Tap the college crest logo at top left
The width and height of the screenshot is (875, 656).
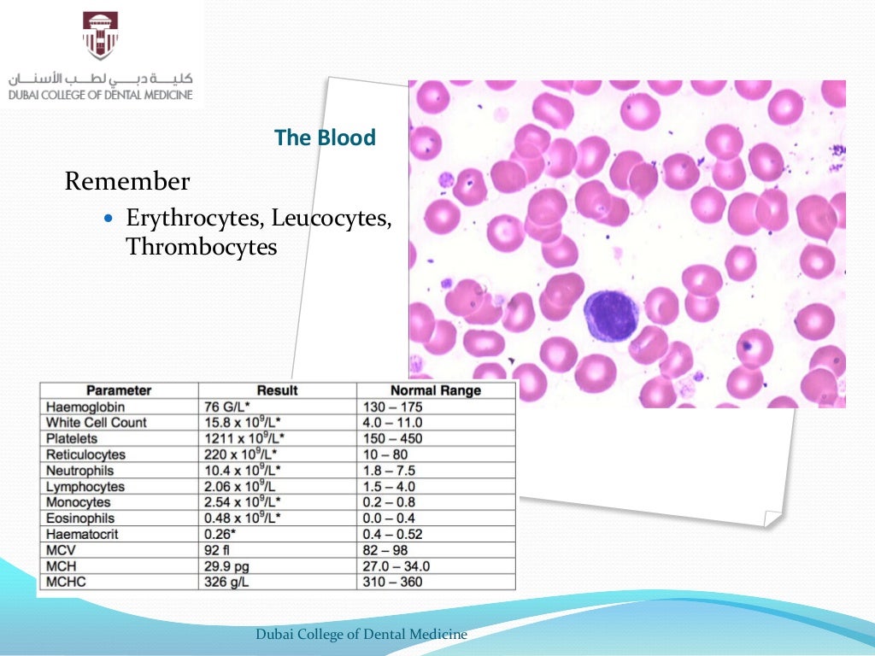coord(101,35)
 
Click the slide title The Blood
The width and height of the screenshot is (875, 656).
coord(325,138)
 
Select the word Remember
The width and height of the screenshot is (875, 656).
coord(127,182)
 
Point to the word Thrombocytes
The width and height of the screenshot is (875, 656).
coord(202,247)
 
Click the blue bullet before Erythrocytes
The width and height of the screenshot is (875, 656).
coord(107,220)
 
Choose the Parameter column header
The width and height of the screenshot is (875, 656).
coord(119,390)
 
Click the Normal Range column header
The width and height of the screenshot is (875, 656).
coord(436,390)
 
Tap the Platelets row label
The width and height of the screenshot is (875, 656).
coord(74,438)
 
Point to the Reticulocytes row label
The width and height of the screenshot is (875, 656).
coord(85,454)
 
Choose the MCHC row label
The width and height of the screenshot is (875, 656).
coord(66,582)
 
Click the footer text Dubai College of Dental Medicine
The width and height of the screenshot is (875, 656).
coord(361,634)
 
